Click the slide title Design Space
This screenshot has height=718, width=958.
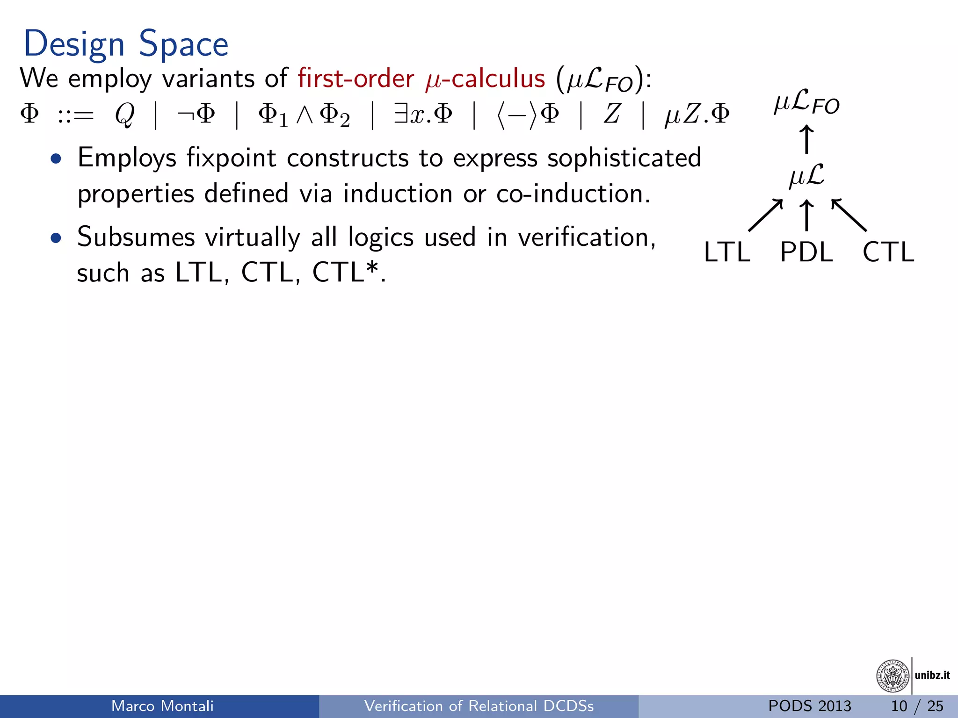point(125,44)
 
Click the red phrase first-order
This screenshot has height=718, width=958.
point(356,78)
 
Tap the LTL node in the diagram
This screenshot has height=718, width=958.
point(727,252)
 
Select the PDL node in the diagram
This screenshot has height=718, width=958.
point(806,252)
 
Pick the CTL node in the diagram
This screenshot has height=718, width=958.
point(888,252)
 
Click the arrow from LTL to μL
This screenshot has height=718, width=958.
point(765,215)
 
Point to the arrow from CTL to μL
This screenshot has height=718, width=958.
point(849,215)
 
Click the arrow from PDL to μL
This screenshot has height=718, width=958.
point(806,215)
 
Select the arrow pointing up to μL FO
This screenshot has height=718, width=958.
point(806,139)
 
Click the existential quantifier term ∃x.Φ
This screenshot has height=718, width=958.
point(423,114)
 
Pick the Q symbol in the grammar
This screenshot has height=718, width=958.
point(125,114)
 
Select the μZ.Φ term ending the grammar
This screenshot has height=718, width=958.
point(697,114)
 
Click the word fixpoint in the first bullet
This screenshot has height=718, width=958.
point(231,158)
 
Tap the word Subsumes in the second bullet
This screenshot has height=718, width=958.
point(136,237)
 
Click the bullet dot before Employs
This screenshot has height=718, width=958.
point(56,159)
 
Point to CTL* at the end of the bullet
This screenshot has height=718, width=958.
point(345,272)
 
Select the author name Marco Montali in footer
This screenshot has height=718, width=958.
point(162,706)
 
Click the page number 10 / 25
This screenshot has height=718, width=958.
point(917,706)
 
